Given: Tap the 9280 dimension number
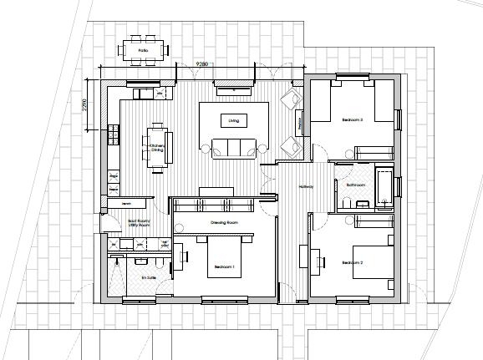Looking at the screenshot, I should [202, 63].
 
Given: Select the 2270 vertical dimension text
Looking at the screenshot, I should [85, 107].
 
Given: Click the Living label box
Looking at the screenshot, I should [233, 121].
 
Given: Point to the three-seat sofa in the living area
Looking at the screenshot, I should [233, 149].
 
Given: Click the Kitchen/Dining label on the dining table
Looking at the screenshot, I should [156, 148].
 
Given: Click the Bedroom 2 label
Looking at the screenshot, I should [353, 262].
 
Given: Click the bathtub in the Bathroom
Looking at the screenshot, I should [384, 185].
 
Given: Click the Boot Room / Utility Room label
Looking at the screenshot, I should [139, 224].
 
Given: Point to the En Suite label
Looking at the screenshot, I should [149, 277].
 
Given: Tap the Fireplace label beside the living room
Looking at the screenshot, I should [300, 123].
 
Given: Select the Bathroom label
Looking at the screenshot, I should [356, 184].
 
